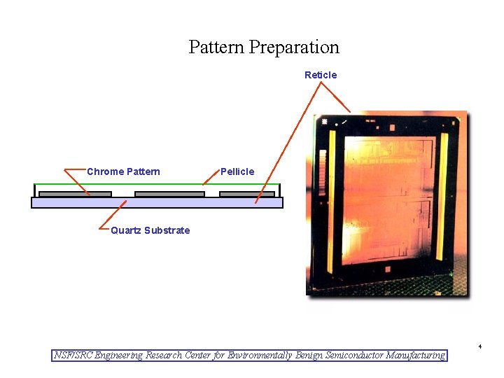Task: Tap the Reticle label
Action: point(321,75)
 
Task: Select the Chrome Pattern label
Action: point(123,171)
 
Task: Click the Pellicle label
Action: point(237,171)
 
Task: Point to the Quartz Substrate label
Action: point(150,230)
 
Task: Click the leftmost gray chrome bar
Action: point(75,194)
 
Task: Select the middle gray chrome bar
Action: point(169,194)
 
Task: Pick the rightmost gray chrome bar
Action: point(246,194)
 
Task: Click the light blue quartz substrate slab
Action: point(157,202)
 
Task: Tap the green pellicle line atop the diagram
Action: point(157,185)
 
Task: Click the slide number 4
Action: point(480,346)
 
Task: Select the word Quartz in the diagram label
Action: point(126,230)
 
